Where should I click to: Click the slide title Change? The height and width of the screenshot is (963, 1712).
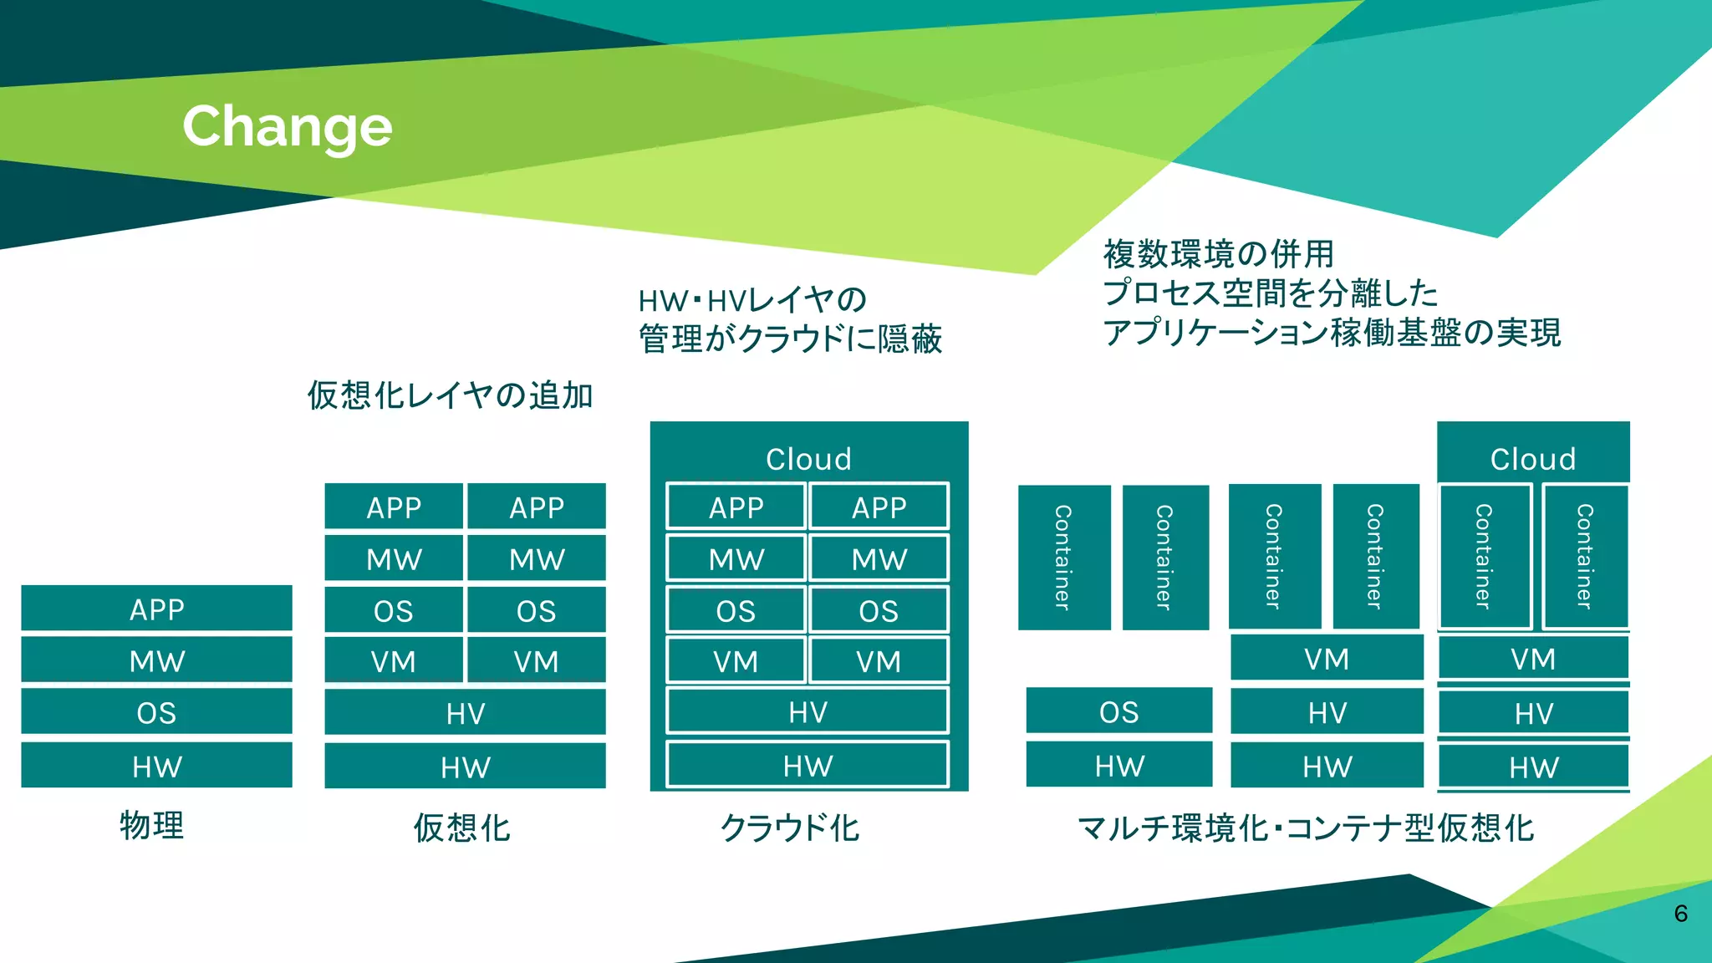(287, 127)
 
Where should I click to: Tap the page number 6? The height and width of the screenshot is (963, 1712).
(1680, 914)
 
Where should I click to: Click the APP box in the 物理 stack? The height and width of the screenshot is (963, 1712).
(156, 609)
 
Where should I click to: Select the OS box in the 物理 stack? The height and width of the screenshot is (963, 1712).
(156, 712)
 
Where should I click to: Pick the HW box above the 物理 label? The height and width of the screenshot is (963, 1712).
(156, 766)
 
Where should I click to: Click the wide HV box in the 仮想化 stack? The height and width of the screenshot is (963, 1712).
(465, 713)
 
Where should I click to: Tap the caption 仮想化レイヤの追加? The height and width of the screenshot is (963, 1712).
(450, 395)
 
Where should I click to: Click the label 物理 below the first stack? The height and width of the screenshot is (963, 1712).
(151, 826)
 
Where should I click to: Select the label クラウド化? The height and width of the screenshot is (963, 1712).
(789, 828)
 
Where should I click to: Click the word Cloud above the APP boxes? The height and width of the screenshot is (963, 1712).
(808, 459)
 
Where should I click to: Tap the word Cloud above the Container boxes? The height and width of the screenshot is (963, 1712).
(1532, 459)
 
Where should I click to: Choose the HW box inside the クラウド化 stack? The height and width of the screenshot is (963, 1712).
(808, 765)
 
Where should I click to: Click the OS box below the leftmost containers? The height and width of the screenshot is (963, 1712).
(1118, 711)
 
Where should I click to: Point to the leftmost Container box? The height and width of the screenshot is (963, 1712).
(1063, 557)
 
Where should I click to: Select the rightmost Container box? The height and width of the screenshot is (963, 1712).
(1585, 557)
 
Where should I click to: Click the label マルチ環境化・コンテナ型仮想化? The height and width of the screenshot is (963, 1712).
(1305, 828)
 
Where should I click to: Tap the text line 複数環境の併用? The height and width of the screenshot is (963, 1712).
(1218, 254)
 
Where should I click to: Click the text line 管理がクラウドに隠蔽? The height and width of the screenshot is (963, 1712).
(790, 339)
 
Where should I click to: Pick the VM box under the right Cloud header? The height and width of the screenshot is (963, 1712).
(1532, 659)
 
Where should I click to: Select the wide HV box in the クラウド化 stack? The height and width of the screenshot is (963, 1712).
(808, 712)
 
